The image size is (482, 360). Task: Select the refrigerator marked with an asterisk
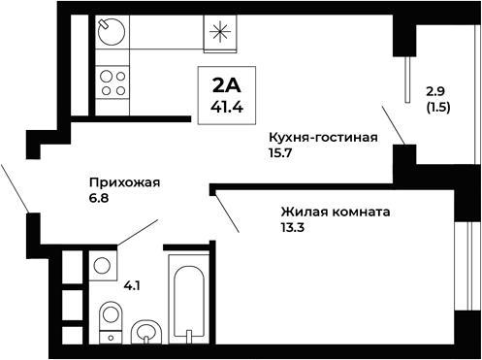coord(218,33)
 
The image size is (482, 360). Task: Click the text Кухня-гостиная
coord(322,138)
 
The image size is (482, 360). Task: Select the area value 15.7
coord(283,154)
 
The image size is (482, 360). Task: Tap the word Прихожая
coord(123,181)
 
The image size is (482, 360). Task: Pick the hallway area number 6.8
coord(99,198)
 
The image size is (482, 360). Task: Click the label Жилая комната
coord(335,212)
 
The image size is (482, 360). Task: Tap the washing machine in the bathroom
coord(102,265)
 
